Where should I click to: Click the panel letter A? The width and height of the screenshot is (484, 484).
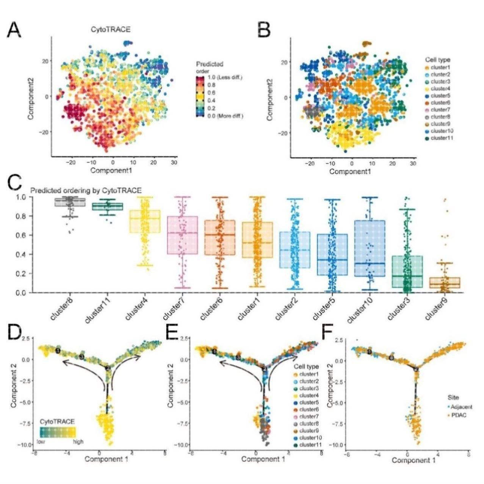click(14, 30)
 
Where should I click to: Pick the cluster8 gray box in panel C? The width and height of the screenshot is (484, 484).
click(70, 202)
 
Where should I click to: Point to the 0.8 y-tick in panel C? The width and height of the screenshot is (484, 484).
click(20, 216)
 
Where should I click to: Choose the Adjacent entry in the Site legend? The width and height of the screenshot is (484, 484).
click(460, 407)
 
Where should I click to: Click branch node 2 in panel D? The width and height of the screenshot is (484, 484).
click(108, 368)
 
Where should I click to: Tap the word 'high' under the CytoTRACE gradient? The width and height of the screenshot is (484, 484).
click(78, 442)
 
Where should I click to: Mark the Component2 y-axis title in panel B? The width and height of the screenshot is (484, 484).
click(270, 99)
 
